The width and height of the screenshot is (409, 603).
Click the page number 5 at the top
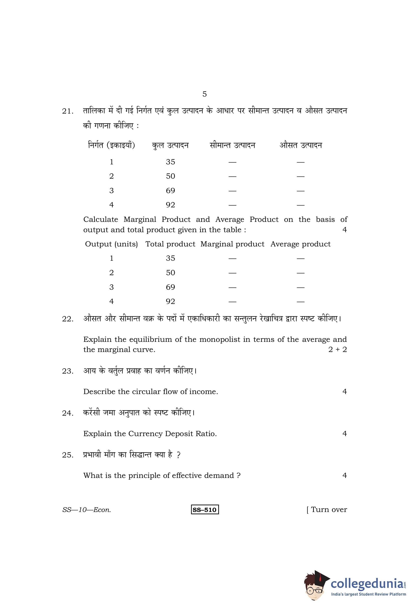click(x=204, y=94)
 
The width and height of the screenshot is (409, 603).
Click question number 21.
click(x=68, y=111)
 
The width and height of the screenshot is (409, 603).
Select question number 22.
click(x=68, y=319)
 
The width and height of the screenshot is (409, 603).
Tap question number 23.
click(x=68, y=371)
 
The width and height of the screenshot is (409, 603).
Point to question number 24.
click(x=68, y=413)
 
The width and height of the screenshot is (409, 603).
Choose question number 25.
click(x=68, y=455)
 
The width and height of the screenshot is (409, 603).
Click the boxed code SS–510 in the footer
click(x=205, y=510)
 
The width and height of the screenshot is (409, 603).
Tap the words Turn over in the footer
click(x=329, y=510)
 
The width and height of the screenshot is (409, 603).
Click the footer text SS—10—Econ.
click(x=87, y=510)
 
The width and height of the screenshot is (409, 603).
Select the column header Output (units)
click(x=111, y=244)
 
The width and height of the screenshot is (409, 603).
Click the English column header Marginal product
click(x=232, y=244)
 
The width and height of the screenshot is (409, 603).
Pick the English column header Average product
click(x=300, y=244)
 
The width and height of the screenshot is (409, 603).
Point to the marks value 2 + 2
click(x=337, y=349)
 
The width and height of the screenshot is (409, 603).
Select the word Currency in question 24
click(x=145, y=434)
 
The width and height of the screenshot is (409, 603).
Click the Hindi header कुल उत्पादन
click(x=170, y=145)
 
